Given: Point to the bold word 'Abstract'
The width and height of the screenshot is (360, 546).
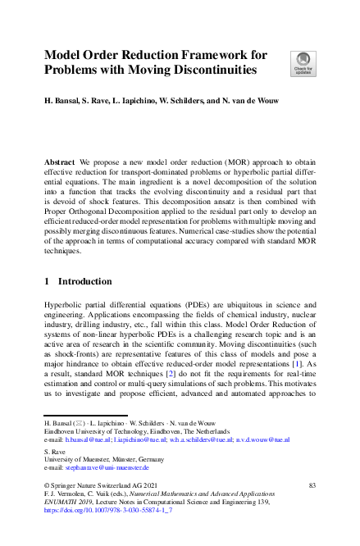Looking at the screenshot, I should (62, 163).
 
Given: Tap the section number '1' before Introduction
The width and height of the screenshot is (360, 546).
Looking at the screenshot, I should (48, 281).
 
